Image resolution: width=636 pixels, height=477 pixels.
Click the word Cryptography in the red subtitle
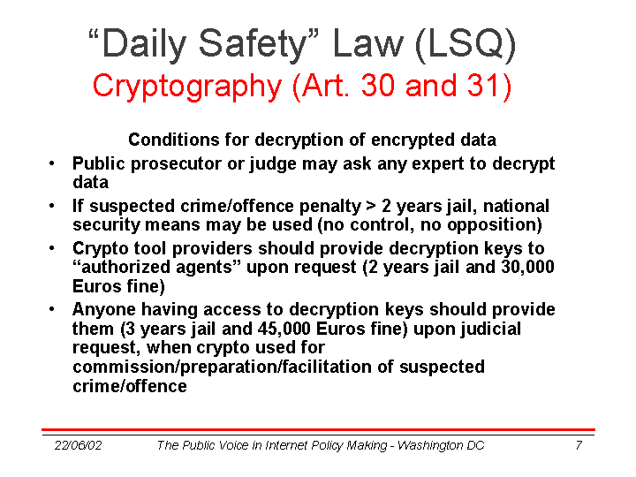coord(187,87)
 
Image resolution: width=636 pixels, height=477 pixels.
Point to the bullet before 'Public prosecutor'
coord(51,164)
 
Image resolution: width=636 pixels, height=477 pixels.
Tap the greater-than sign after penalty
coord(371,206)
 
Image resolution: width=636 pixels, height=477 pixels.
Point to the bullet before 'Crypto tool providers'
coord(51,248)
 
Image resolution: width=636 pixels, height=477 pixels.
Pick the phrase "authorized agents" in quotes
coord(157,268)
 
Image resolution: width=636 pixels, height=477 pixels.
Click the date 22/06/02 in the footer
coord(78,445)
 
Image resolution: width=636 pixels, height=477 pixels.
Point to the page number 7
coord(579,445)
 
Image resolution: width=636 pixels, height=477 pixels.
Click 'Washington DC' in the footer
coord(441,445)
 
